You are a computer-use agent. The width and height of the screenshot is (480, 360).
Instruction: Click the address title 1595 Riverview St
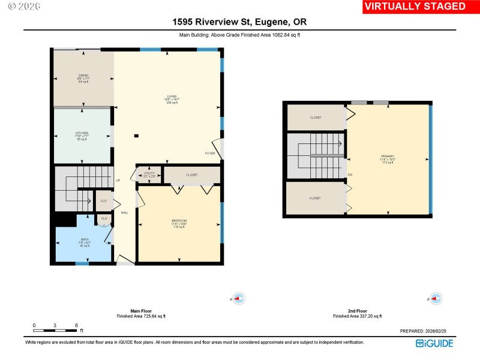[240, 23]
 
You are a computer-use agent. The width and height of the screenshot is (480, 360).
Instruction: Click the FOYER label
[210, 153]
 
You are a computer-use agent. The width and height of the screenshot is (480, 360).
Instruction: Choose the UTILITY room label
[149, 174]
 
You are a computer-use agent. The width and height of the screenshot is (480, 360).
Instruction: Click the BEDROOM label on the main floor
[179, 221]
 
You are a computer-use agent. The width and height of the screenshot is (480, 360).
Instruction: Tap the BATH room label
[85, 239]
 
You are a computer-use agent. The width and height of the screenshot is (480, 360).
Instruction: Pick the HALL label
[124, 212]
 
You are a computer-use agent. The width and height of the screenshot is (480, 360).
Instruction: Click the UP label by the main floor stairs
[118, 181]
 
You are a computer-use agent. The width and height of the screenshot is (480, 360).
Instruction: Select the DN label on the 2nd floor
[350, 175]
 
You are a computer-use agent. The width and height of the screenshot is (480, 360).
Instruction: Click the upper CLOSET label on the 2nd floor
[315, 118]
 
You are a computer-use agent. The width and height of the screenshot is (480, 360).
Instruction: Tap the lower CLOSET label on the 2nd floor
[314, 198]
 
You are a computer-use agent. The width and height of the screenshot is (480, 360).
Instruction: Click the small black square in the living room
[137, 136]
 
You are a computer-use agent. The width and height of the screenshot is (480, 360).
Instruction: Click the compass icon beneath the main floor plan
[238, 298]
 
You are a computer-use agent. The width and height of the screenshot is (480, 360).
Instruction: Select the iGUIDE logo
[435, 343]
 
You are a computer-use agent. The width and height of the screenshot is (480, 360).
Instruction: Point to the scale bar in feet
[55, 330]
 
